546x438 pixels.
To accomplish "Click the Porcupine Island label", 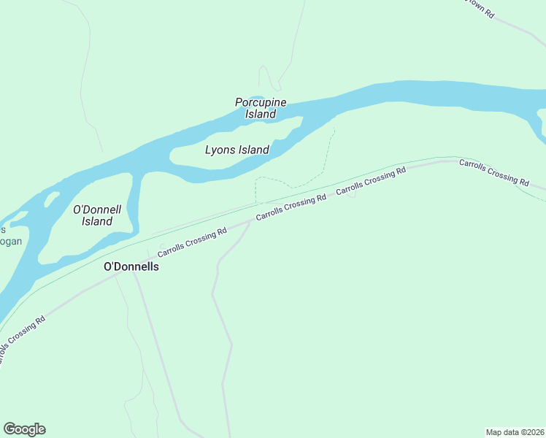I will click(x=261, y=108).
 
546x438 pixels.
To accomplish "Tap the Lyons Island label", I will click(x=237, y=150).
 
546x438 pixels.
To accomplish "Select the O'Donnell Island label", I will click(x=97, y=215).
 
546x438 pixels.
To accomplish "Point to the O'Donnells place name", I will click(x=131, y=266).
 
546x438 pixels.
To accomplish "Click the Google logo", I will click(x=24, y=429).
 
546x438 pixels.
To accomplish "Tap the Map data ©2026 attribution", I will click(x=514, y=431).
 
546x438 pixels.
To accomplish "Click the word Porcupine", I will click(x=261, y=102).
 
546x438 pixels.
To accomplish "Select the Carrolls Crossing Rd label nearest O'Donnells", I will click(x=192, y=241).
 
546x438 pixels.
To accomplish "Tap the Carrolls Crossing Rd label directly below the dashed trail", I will click(x=291, y=208).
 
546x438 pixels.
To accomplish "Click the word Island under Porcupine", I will click(x=261, y=114).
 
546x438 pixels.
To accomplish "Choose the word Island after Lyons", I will click(x=254, y=150).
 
